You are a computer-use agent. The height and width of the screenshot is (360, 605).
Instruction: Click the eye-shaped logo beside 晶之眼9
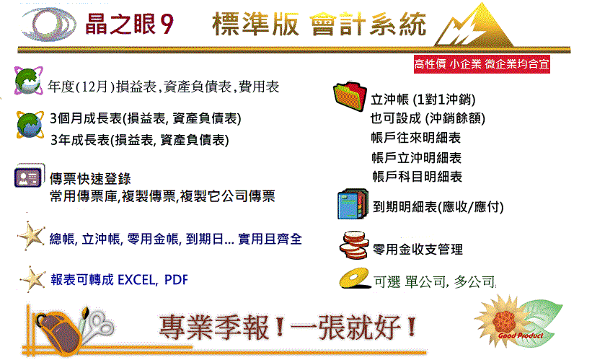click(48, 25)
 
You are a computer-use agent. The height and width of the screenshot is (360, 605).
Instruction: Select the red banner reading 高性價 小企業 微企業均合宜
click(482, 63)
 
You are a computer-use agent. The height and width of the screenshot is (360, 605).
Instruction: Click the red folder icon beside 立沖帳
click(350, 96)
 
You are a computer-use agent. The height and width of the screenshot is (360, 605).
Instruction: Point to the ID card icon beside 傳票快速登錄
click(29, 176)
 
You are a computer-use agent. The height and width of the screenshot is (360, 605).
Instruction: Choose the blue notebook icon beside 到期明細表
click(353, 203)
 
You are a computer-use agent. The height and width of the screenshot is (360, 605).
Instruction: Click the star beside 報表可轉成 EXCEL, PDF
click(32, 278)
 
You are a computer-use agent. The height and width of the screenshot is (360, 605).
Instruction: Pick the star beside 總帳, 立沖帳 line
click(32, 235)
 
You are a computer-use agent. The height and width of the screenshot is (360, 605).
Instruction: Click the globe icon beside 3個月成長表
click(30, 124)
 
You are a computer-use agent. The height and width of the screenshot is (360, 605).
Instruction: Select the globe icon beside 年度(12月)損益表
click(29, 81)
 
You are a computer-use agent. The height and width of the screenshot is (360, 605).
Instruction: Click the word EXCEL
click(137, 280)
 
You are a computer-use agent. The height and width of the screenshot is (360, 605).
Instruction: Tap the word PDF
click(176, 280)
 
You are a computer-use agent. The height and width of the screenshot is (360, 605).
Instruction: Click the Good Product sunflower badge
click(518, 321)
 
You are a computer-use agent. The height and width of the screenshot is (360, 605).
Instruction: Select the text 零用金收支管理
click(418, 250)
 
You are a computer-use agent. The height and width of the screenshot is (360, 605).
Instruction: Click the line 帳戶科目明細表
click(417, 177)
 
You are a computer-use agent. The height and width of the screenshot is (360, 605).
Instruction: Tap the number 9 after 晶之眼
click(167, 25)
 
